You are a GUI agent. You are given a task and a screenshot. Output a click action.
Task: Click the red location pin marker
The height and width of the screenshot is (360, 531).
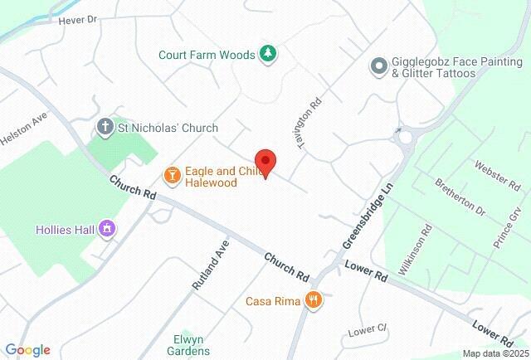[x=265, y=163]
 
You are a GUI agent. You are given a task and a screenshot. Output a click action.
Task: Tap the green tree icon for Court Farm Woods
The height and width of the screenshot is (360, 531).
[x=268, y=55]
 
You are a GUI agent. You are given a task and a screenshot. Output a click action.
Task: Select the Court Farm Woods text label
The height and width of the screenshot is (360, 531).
[x=207, y=56]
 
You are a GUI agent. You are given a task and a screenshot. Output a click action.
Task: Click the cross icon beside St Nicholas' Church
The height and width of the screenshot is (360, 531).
[x=105, y=128]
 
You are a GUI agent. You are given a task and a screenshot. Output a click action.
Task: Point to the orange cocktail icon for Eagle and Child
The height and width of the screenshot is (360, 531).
[x=172, y=175]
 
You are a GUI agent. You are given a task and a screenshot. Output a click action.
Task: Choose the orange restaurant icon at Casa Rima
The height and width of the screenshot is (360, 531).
[x=313, y=299]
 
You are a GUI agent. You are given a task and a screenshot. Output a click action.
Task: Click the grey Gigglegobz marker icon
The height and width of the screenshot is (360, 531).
[x=378, y=65]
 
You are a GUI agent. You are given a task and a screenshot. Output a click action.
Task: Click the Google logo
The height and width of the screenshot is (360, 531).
[x=27, y=349]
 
